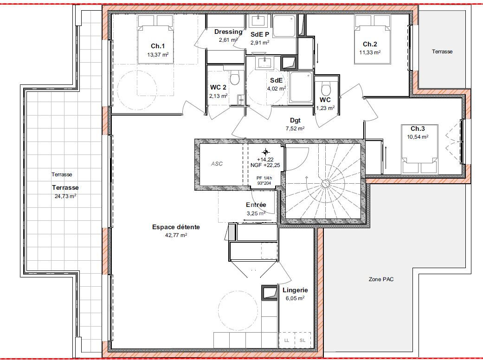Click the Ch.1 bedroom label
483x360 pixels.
[158, 46]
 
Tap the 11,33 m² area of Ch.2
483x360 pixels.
[370, 52]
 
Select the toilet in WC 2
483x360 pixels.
[235, 77]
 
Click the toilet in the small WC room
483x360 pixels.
[326, 89]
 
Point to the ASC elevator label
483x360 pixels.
[217, 164]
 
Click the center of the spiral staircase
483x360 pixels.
[325, 184]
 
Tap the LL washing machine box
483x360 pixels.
[287, 341]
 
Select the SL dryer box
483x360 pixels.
[303, 341]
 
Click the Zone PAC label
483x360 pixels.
[381, 279]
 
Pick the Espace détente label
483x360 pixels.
[176, 227]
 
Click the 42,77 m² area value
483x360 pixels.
[176, 235]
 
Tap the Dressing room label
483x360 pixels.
[228, 32]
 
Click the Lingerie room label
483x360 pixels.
[295, 290]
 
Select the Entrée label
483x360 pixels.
[256, 205]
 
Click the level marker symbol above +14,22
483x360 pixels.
[265, 152]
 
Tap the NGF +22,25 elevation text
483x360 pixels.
[265, 165]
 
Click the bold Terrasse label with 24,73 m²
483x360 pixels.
[65, 187]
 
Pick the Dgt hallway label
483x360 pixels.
[295, 121]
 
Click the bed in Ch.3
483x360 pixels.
[419, 149]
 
